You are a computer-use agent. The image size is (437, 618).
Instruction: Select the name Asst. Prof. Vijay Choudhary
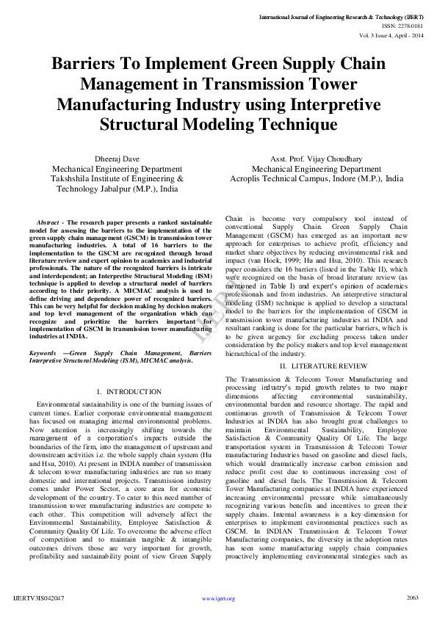316,158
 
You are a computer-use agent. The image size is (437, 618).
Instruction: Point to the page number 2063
412,597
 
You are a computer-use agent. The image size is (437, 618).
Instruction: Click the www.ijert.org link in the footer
218,598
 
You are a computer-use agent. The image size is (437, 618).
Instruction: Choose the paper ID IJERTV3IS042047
39,597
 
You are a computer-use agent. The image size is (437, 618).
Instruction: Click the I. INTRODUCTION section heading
129,392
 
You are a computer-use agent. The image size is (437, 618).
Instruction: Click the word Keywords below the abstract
44,353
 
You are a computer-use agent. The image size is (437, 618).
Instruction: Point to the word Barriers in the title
85,63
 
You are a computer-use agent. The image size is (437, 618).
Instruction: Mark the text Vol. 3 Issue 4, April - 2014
391,35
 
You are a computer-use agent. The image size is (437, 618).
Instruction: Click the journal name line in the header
342,15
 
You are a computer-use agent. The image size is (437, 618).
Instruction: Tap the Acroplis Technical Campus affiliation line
316,178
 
